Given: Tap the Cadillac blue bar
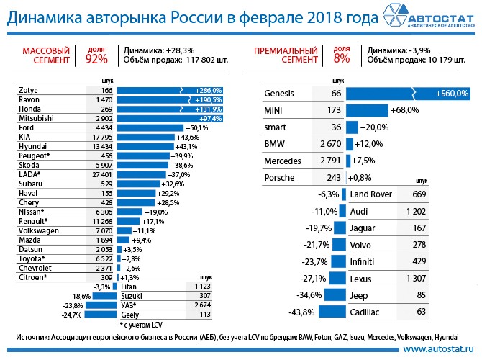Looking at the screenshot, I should (x=330, y=312).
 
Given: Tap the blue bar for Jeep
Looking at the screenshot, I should (x=335, y=295).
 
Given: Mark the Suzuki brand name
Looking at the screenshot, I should (x=132, y=296).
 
